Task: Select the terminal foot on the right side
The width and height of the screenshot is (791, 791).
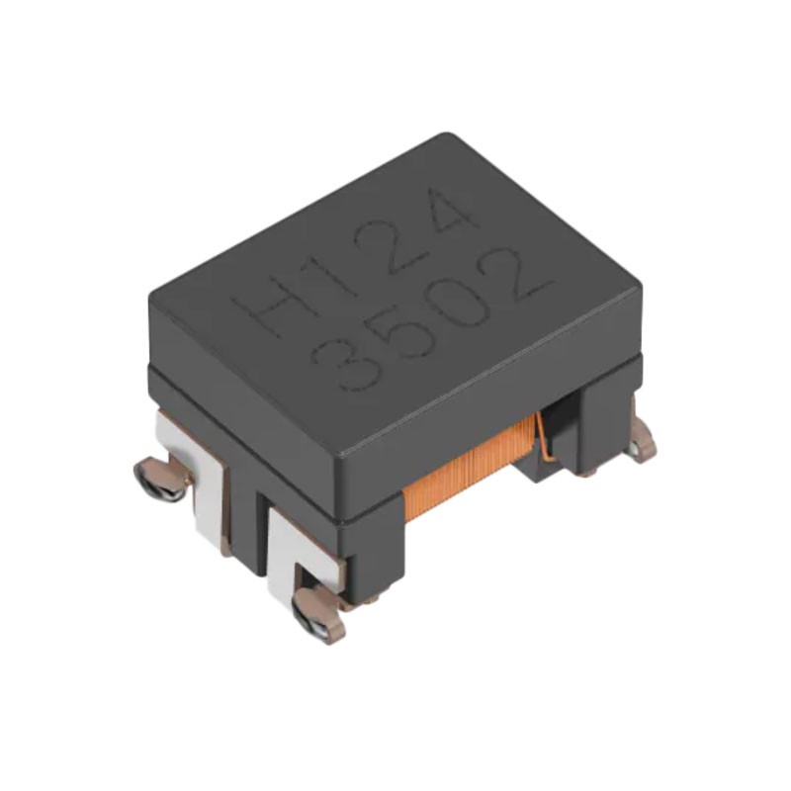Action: tap(643, 439)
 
